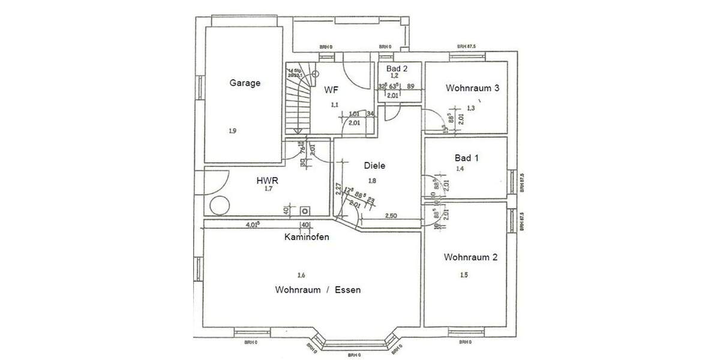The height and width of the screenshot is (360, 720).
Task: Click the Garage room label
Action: (x=245, y=83)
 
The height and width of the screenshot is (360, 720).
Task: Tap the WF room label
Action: (x=331, y=90)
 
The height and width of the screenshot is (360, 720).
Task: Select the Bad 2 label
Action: (x=397, y=69)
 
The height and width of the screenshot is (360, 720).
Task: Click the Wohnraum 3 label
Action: (x=472, y=88)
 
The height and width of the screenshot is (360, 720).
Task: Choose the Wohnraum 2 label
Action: (x=470, y=257)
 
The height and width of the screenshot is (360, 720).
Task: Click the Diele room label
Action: (x=374, y=166)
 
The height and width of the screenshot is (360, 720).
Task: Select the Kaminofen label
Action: (x=306, y=237)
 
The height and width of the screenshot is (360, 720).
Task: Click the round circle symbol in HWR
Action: (x=220, y=205)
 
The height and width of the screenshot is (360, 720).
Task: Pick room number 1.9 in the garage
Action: (x=232, y=130)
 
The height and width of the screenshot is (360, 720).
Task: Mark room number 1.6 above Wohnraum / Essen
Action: (x=301, y=275)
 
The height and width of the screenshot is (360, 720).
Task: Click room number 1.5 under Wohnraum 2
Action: (x=464, y=275)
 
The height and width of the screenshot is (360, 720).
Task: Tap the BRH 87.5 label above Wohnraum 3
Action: (x=466, y=46)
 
